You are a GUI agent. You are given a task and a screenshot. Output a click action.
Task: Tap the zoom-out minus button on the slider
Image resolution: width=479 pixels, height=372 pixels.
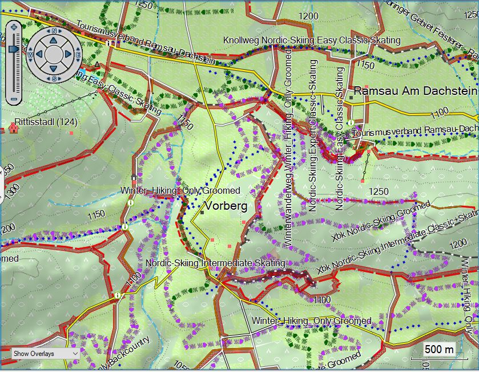[14, 98]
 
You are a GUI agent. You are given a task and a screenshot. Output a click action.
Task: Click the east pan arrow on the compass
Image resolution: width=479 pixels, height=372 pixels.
[68, 54]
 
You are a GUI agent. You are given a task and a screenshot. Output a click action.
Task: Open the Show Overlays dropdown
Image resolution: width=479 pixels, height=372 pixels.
[45, 354]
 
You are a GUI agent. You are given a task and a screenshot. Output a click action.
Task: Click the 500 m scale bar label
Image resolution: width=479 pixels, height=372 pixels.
[439, 349]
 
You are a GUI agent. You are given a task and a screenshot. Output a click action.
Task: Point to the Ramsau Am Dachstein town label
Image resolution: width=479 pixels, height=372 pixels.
[415, 91]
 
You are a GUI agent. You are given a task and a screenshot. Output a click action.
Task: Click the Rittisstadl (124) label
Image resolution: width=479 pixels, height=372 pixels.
[46, 122]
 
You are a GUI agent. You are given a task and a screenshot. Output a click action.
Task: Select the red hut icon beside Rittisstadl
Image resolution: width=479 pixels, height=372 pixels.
[13, 128]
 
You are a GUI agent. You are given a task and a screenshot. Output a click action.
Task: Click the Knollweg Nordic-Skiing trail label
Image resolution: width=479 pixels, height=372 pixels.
[312, 41]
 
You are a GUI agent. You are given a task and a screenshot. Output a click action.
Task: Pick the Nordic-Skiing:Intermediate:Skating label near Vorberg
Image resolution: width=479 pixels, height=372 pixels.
[215, 263]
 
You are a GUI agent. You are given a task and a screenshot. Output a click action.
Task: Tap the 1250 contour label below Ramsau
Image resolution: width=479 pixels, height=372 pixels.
[379, 191]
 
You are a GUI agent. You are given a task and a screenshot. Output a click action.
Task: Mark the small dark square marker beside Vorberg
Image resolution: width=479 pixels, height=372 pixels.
[202, 213]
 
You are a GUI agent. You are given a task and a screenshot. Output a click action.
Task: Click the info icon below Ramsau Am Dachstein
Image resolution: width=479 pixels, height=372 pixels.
[357, 122]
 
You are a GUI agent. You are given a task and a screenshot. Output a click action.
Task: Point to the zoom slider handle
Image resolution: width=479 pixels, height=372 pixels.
[14, 50]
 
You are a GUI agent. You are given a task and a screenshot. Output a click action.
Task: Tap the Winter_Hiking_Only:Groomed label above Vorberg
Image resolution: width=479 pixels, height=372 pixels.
[180, 190]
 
